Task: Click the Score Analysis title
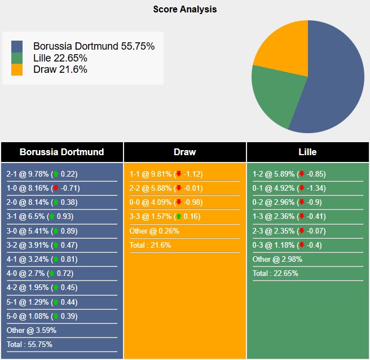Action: point(184,9)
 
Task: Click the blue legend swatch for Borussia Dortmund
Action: point(17,46)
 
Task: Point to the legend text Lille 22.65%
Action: point(60,58)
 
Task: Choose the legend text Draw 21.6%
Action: point(60,69)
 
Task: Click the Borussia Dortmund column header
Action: point(61,152)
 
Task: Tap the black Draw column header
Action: point(184,152)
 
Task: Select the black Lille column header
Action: point(307,152)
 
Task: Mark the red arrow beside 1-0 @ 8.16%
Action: point(56,188)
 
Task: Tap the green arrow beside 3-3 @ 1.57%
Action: point(179,216)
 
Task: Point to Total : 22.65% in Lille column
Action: point(275,273)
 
